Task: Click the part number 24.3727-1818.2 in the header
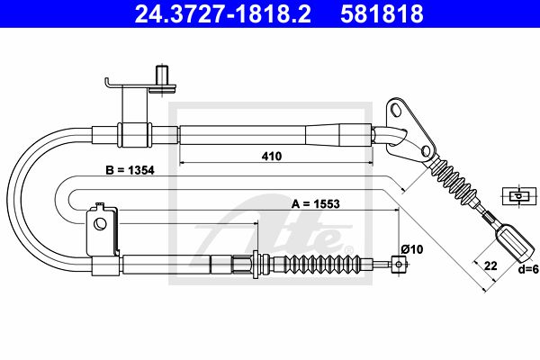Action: click(x=222, y=13)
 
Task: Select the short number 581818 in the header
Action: click(x=382, y=13)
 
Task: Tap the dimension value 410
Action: click(x=272, y=156)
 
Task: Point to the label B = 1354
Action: click(x=130, y=170)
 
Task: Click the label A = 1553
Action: click(x=316, y=204)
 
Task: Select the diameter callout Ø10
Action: click(x=412, y=249)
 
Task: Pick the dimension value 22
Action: click(x=490, y=266)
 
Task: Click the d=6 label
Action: click(x=528, y=269)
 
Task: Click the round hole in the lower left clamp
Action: click(x=101, y=224)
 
